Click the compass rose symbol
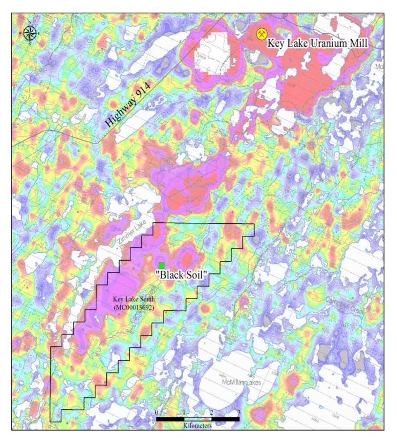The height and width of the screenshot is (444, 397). (x=30, y=33)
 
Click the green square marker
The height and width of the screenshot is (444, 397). (x=161, y=265)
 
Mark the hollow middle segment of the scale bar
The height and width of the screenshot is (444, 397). (x=197, y=419)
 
